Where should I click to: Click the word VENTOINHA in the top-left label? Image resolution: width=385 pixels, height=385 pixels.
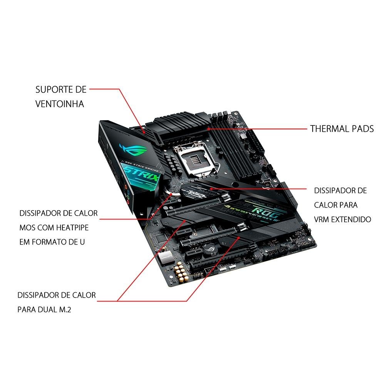click(60, 104)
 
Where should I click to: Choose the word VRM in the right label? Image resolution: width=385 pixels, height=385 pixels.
click(321, 219)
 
